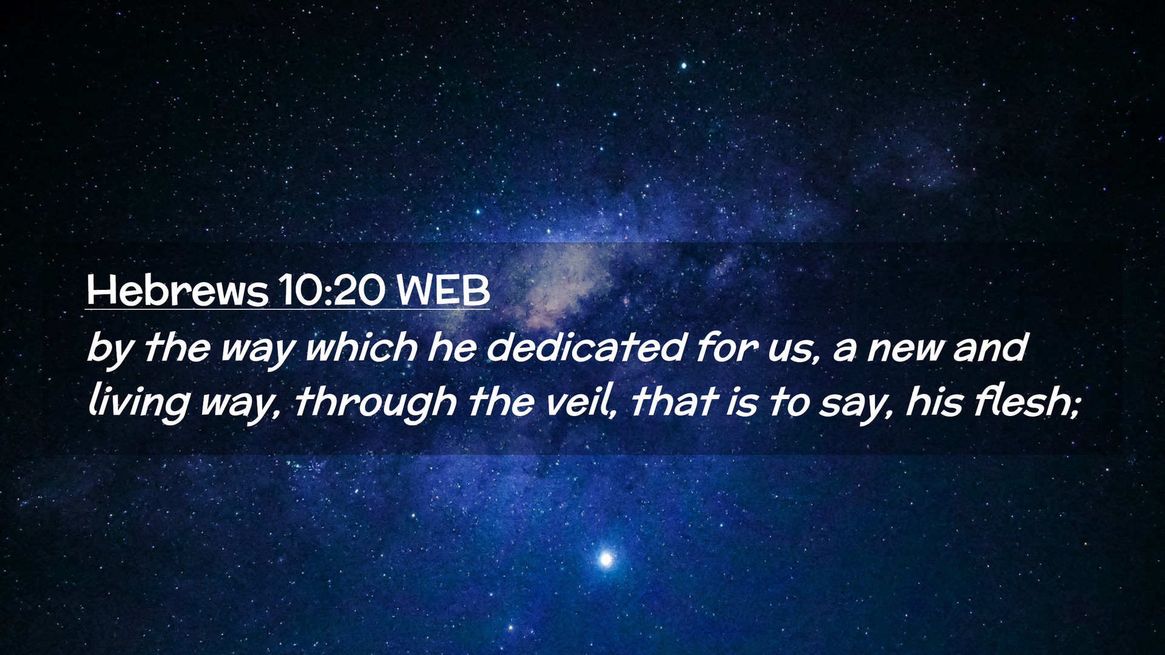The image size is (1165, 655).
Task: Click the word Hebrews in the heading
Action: (177, 291)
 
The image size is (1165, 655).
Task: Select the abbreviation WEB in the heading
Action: (443, 291)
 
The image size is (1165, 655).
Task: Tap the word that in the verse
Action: (672, 401)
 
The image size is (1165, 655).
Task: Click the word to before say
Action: (788, 403)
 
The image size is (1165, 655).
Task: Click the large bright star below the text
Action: (605, 559)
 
